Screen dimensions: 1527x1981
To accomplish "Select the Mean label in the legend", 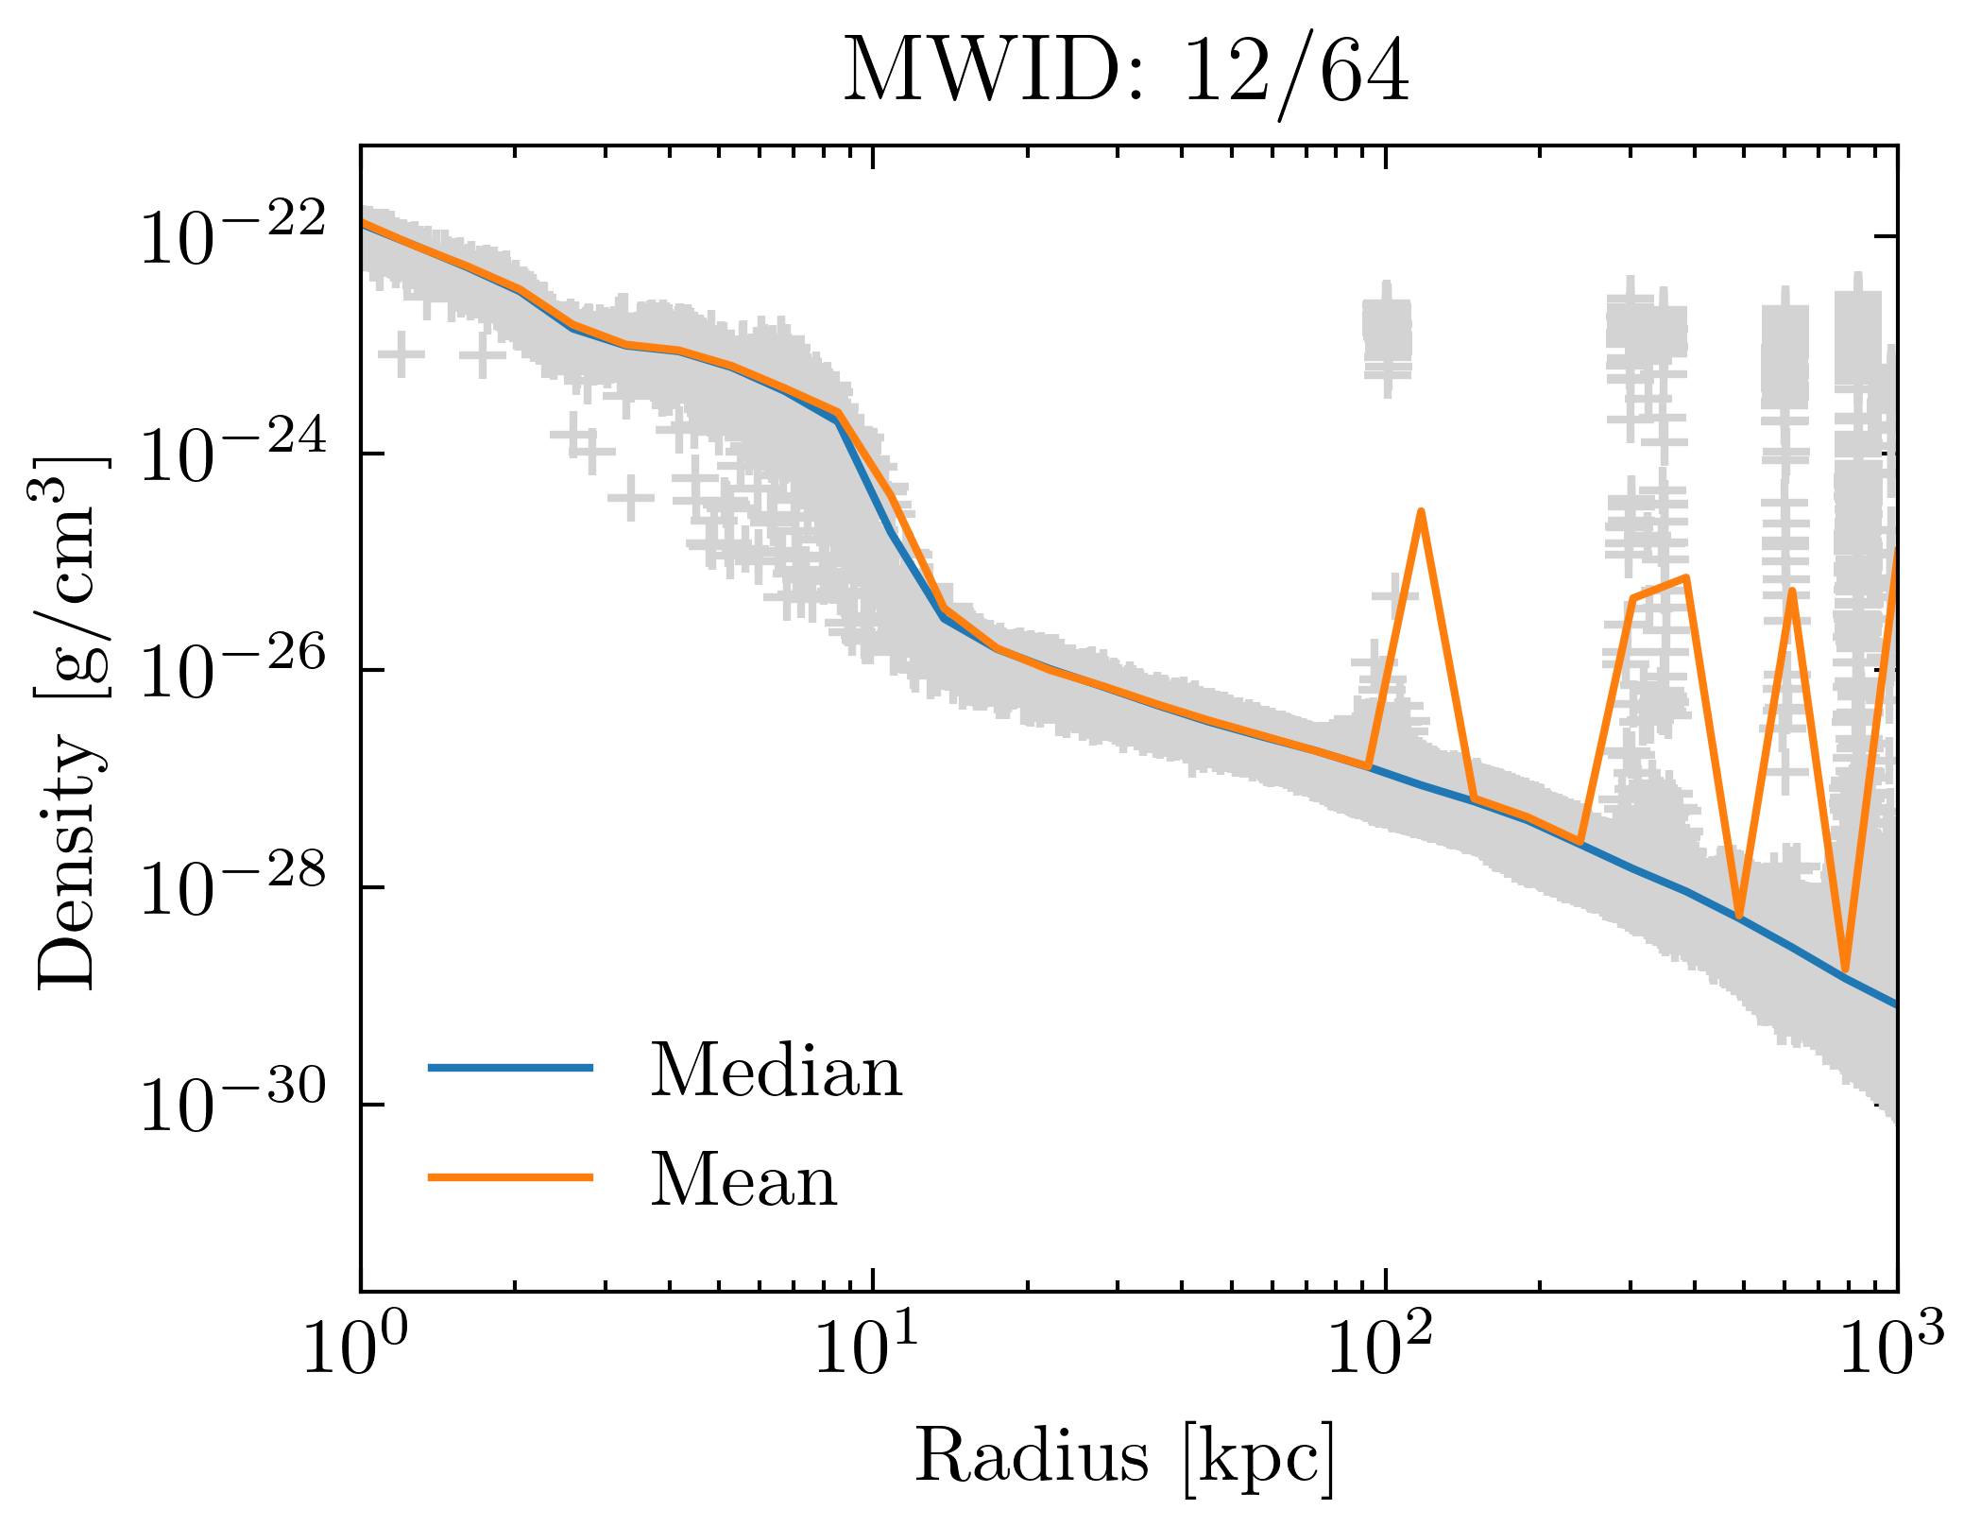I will pos(743,1180).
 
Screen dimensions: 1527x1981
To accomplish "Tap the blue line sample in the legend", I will pos(510,1068).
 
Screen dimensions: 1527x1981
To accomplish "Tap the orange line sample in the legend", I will pos(510,1177).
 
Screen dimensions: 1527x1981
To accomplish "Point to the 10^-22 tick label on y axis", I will pos(232,235).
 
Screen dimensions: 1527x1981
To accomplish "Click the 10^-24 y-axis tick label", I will pos(232,454).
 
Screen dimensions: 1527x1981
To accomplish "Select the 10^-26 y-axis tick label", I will pos(232,670).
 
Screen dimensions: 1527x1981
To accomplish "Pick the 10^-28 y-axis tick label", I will pos(232,887).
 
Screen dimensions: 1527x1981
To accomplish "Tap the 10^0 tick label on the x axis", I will pos(355,1348).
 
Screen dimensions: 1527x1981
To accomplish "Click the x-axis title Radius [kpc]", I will pos(1125,1456).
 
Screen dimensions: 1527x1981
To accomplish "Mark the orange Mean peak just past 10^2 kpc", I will pos(1420,512).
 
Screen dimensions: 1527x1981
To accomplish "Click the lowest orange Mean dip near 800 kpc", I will pos(1845,969).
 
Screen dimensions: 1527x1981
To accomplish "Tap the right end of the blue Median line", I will pos(1894,1004).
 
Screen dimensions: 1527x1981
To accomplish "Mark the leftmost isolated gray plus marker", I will pos(401,356).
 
